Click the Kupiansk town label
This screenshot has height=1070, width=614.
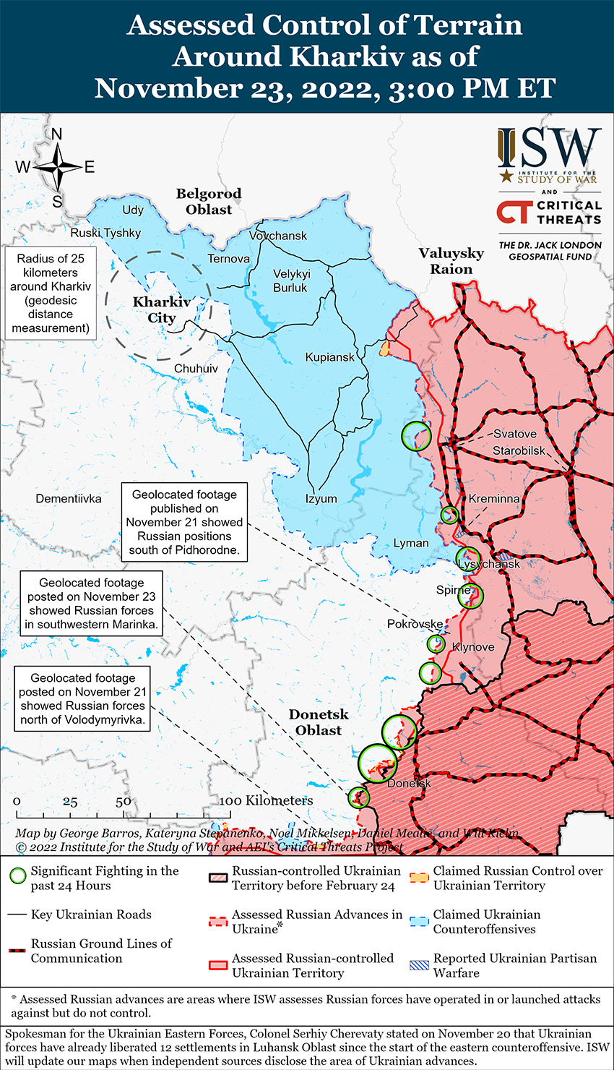coord(330,357)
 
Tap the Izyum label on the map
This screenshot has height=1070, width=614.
coord(321,499)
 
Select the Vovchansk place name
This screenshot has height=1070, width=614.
coord(278,236)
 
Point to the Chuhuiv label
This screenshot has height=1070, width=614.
coord(196,369)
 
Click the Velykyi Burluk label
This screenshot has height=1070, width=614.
coord(290,281)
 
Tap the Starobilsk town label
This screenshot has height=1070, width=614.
coord(519,450)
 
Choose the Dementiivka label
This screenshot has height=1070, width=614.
coord(69,499)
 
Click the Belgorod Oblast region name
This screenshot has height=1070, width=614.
coord(209,202)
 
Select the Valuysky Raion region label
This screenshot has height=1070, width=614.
coord(451,261)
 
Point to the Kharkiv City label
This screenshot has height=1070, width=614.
coord(162,309)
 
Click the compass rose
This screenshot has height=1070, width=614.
coord(57,167)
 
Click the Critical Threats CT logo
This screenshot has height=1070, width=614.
coord(514,212)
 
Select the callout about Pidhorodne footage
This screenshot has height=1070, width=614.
coord(184,522)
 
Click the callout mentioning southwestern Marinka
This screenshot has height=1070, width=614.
coord(91,604)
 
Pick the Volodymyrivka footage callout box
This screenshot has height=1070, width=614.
coord(82,698)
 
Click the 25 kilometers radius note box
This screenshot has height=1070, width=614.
coord(51,294)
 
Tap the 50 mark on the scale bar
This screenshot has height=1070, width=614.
coord(123,802)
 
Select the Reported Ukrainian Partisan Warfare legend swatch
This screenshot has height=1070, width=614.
coord(419,965)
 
